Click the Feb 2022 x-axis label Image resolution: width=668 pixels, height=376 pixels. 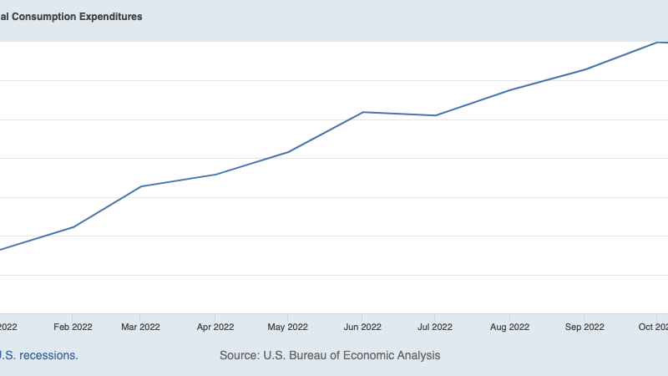[73, 327]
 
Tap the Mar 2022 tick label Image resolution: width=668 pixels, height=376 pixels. [141, 327]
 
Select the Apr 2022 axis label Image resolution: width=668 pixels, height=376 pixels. [215, 327]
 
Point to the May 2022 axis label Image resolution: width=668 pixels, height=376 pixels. [288, 327]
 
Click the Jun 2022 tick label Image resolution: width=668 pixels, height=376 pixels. [363, 327]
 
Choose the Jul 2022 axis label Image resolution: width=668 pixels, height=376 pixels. [435, 327]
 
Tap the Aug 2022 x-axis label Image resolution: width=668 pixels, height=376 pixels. [509, 327]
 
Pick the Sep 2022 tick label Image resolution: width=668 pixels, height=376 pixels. [583, 327]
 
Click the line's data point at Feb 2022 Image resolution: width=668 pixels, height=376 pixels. [73, 227]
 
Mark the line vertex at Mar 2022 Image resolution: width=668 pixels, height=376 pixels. [141, 186]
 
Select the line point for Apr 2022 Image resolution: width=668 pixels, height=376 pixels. [215, 175]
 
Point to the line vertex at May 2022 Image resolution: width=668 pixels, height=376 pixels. [288, 152]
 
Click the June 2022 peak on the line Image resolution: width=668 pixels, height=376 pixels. [363, 112]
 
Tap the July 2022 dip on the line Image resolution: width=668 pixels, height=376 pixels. [435, 115]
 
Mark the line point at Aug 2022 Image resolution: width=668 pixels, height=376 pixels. [509, 90]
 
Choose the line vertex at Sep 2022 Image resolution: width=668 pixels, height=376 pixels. [583, 69]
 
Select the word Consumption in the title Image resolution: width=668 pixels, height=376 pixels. [40, 17]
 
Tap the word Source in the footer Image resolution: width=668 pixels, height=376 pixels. [238, 355]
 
